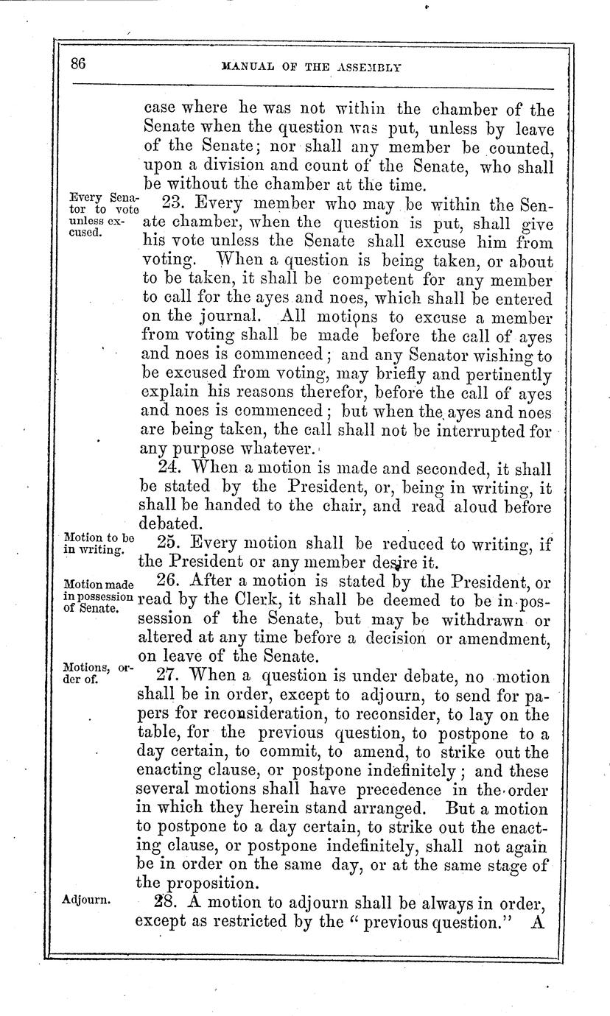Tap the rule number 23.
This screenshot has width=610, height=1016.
(161, 202)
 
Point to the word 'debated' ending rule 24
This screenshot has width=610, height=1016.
(168, 523)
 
